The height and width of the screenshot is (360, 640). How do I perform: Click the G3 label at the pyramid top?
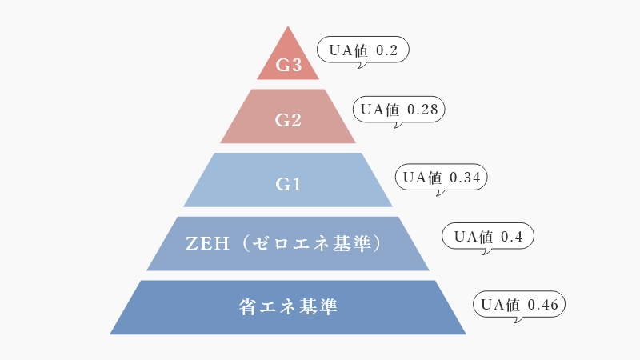tap(288, 66)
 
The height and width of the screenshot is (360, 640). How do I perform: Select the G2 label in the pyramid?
tap(288, 121)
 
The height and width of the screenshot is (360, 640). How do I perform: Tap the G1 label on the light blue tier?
tap(288, 185)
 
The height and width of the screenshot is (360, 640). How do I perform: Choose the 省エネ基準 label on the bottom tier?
tap(288, 306)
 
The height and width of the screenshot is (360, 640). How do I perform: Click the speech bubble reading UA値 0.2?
tap(364, 50)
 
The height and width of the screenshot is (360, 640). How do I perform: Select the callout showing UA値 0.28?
tap(399, 110)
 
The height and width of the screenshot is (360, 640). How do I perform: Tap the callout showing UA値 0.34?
tap(442, 178)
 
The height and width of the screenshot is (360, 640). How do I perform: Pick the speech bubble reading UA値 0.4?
tap(488, 236)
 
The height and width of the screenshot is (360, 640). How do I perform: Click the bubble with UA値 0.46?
tap(520, 305)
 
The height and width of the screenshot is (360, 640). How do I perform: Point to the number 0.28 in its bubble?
tap(422, 110)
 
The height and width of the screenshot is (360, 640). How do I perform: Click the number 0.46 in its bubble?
tap(544, 305)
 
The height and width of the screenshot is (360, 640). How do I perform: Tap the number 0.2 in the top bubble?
tap(386, 50)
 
